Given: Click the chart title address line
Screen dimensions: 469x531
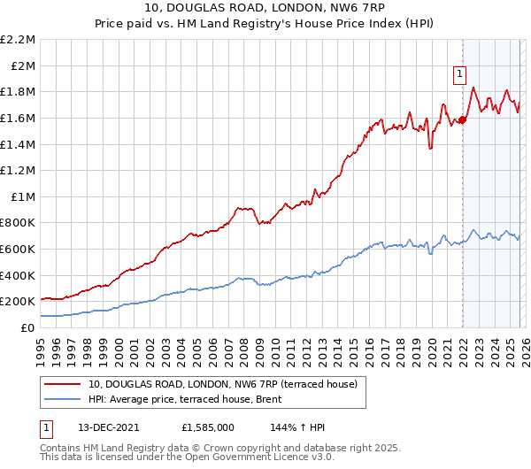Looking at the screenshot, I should point(265,10).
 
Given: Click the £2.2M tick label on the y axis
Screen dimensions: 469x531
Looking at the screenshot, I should point(18,40).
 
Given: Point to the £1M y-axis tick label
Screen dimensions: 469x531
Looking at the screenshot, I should point(22,196).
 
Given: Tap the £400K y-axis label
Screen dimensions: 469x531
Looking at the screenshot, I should point(18,275).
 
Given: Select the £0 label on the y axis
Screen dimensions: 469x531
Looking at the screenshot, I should point(28,327).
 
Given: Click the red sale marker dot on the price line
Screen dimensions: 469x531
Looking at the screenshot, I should point(462,120).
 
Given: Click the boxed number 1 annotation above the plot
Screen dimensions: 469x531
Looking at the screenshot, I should point(460,75).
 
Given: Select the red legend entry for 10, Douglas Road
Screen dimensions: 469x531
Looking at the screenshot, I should point(222,384).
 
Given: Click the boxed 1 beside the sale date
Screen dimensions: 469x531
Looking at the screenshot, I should point(47,427).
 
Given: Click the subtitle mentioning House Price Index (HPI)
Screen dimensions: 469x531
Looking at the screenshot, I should point(265,25).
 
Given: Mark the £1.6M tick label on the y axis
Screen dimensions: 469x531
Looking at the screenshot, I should point(18,118).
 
